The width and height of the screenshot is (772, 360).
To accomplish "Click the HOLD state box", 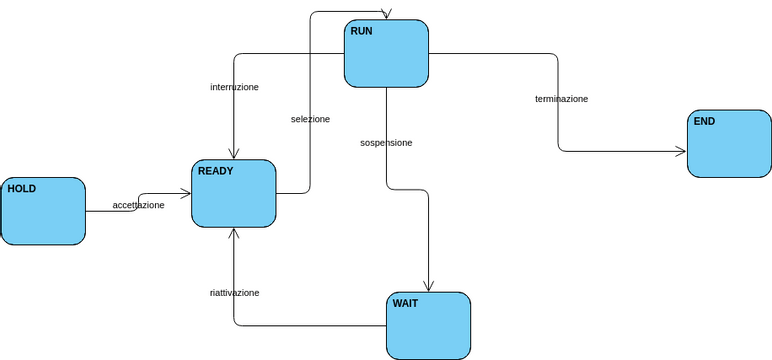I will click(x=43, y=211).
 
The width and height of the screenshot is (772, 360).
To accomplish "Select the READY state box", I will click(x=234, y=194).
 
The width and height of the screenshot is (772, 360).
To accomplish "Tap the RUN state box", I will click(x=386, y=53).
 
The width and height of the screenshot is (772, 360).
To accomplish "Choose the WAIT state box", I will click(x=428, y=325).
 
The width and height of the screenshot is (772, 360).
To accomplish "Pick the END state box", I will click(x=729, y=144).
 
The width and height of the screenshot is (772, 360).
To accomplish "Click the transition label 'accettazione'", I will click(x=138, y=205).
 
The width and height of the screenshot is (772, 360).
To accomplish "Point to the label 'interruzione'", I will click(x=234, y=87).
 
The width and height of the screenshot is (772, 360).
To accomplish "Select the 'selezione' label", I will click(x=310, y=119).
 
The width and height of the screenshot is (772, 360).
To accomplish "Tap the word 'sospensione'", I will click(x=386, y=143).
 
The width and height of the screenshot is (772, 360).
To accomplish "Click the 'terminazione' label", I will click(x=561, y=99).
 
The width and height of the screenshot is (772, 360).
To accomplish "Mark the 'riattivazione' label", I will click(x=234, y=293).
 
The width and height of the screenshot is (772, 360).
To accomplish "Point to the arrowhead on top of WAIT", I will click(x=428, y=287).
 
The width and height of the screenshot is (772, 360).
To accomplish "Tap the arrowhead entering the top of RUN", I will click(x=386, y=15).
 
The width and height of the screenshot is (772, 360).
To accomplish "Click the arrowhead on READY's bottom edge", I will click(x=234, y=233).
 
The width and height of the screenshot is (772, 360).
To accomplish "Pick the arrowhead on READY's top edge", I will click(x=234, y=154).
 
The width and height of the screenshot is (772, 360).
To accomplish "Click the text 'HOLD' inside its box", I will click(x=22, y=188).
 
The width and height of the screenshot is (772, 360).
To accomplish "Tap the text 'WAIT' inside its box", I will click(x=405, y=303).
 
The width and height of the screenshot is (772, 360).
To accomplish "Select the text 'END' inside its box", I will click(x=704, y=121).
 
